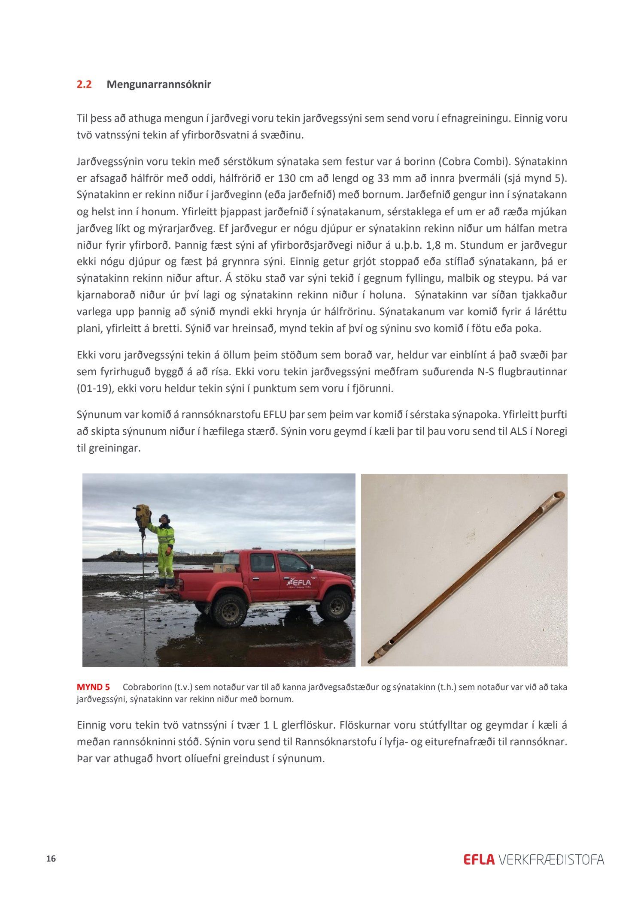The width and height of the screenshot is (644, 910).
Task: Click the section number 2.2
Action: click(x=84, y=84)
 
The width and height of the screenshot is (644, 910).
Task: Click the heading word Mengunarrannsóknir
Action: click(x=159, y=84)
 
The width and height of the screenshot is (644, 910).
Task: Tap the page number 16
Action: click(x=51, y=859)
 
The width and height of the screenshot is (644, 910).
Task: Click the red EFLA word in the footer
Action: click(x=479, y=860)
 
